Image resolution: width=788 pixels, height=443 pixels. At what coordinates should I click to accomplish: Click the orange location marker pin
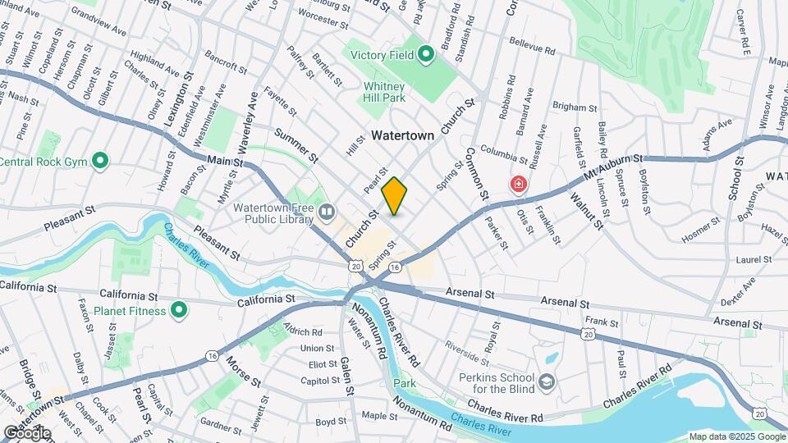(394, 195)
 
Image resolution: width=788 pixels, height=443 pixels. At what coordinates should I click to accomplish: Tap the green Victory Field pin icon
(425, 55)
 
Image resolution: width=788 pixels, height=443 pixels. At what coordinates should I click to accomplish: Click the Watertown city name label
(402, 135)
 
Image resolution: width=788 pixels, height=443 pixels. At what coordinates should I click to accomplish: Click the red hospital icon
(518, 184)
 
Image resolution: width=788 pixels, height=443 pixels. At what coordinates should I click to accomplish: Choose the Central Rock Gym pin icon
(100, 160)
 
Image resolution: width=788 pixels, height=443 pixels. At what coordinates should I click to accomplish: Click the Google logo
(27, 432)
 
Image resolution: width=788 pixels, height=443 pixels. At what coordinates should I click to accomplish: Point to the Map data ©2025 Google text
(736, 436)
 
